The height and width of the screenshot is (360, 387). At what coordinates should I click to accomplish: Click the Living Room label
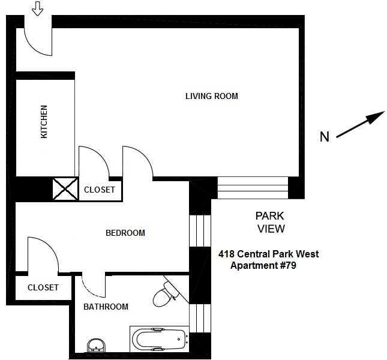coord(211,96)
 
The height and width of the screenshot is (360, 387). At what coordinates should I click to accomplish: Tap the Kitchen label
coord(44,122)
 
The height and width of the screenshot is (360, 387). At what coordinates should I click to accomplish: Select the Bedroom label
coord(125,233)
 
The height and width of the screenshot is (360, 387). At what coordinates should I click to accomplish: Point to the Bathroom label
coord(106,307)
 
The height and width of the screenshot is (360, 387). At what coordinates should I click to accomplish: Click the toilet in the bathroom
coord(164,295)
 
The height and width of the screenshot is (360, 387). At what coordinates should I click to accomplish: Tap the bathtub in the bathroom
coord(158,339)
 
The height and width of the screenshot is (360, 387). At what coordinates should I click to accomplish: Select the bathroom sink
coord(95,346)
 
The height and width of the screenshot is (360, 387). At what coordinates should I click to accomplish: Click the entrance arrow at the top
coord(37,8)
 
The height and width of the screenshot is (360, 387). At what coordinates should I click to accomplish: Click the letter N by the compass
coord(324,137)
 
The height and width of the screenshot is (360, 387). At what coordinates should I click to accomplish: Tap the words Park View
coord(270,222)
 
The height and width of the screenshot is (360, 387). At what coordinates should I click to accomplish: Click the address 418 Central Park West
coord(268,254)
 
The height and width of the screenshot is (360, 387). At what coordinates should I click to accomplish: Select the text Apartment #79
coord(264,265)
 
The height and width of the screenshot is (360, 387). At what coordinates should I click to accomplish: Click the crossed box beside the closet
coord(64,190)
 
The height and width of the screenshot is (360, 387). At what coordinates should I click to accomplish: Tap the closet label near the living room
coord(99,190)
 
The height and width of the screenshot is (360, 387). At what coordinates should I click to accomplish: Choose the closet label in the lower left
coord(43,287)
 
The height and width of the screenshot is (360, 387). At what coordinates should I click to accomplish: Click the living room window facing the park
coord(252,187)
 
